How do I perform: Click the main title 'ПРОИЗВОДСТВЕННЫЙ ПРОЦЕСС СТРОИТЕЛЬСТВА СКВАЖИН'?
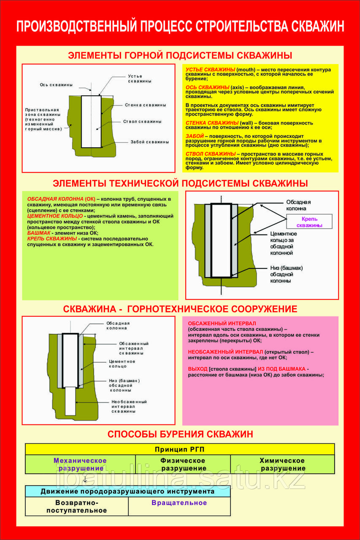pyautogui.click(x=180, y=26)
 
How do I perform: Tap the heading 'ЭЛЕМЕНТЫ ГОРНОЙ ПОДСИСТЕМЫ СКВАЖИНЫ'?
pyautogui.click(x=180, y=55)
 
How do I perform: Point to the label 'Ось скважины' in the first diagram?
pyautogui.click(x=57, y=84)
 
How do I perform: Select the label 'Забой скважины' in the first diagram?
pyautogui.click(x=150, y=142)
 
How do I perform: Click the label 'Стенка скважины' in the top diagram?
pyautogui.click(x=145, y=105)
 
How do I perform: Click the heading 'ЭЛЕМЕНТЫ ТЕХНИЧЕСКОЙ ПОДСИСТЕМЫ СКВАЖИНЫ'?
pyautogui.click(x=180, y=183)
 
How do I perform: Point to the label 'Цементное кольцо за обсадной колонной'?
pyautogui.click(x=283, y=243)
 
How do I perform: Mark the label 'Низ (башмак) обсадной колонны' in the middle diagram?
pyautogui.click(x=286, y=274)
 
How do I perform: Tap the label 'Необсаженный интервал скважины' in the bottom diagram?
pyautogui.click(x=129, y=406)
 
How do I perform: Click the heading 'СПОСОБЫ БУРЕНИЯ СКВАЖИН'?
pyautogui.click(x=180, y=434)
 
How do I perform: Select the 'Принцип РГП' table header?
pyautogui.click(x=180, y=449)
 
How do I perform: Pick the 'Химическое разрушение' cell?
pyautogui.click(x=283, y=464)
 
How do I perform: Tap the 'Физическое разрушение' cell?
pyautogui.click(x=183, y=464)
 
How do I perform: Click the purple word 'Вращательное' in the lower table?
pyautogui.click(x=179, y=503)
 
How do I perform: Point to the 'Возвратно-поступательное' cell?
pyautogui.click(x=77, y=506)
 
